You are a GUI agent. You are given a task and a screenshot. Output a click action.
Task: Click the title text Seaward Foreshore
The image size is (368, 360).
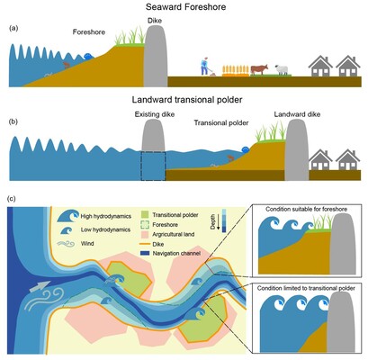[183, 8]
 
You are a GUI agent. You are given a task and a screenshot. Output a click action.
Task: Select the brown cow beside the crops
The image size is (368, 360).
[259, 69]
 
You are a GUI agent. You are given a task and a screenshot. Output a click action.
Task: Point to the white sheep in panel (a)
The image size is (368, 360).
[282, 71]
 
